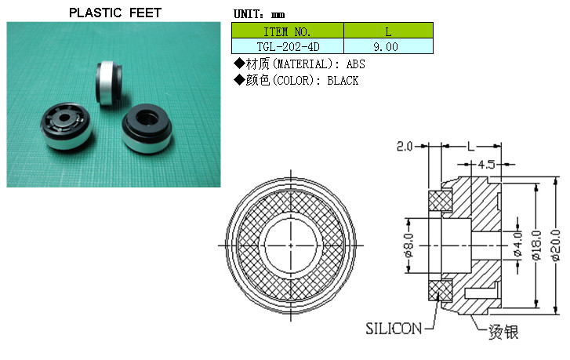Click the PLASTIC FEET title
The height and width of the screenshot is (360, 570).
(115, 13)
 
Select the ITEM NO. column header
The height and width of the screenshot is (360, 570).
(288, 31)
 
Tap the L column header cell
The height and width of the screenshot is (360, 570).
(388, 31)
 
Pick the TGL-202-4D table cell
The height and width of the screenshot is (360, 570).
(288, 46)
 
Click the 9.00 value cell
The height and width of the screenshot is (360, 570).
(388, 46)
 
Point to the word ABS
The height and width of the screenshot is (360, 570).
(355, 64)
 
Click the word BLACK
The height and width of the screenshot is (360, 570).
(343, 80)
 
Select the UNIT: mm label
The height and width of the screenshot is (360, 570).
(259, 14)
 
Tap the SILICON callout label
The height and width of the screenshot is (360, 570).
(394, 329)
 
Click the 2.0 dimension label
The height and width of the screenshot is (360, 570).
(405, 147)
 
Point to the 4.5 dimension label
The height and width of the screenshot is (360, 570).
(486, 165)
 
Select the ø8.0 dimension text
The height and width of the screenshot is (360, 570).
(409, 245)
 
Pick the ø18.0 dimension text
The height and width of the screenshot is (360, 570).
(536, 245)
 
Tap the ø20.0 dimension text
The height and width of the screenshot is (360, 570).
(555, 245)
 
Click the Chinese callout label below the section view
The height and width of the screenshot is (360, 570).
(503, 332)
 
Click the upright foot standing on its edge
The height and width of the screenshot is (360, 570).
(108, 83)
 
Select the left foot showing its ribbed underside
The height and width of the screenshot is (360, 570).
(66, 125)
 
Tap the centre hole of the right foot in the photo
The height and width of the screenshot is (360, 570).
(147, 118)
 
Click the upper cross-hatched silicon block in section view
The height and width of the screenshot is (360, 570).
(440, 202)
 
